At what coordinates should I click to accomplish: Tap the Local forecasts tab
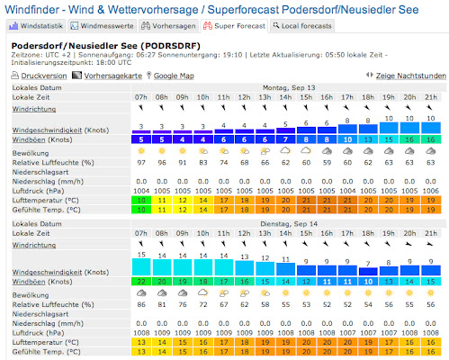303,26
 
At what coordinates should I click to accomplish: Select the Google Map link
175,76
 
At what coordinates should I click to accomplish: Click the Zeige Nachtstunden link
402,76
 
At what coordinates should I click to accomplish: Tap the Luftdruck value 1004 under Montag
141,192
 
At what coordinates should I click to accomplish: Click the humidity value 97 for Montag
141,164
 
